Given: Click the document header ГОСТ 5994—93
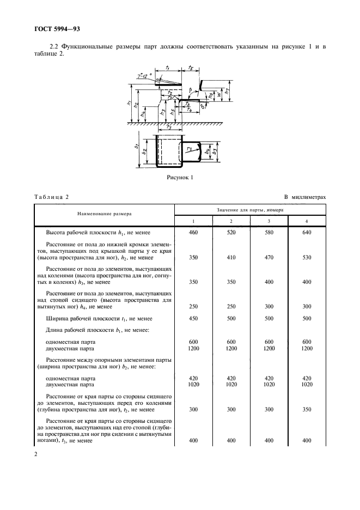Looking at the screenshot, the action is click(57, 29).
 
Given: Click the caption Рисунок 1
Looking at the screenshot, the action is click(180, 178).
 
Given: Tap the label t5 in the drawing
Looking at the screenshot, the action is click(191, 68).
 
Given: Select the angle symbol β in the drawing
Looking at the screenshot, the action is click(191, 89).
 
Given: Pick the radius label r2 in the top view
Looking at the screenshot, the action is click(190, 149).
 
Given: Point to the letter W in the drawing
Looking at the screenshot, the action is click(219, 95).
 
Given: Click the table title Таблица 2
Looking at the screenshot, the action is click(51, 197).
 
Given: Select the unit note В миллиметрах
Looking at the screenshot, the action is click(304, 197).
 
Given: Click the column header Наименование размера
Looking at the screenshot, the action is click(105, 214).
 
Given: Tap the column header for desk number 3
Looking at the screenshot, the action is click(269, 221).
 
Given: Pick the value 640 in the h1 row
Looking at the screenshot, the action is click(307, 233).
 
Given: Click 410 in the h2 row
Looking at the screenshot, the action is click(231, 258).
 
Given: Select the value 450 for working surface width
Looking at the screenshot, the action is click(193, 318).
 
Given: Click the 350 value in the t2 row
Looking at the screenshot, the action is click(307, 410).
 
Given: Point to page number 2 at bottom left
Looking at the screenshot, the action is click(35, 454).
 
